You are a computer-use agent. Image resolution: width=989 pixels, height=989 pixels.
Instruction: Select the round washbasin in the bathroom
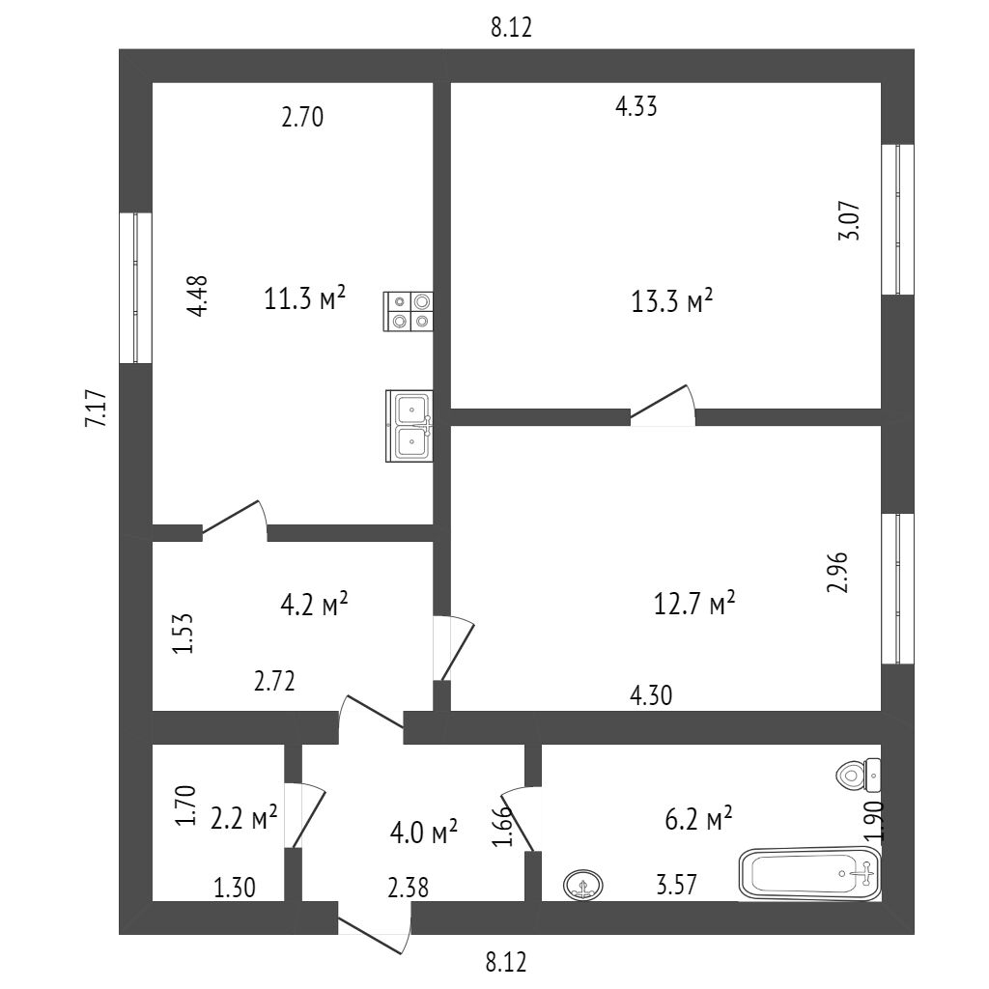click(583, 883)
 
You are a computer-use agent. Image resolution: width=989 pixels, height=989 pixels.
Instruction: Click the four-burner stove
click(409, 310)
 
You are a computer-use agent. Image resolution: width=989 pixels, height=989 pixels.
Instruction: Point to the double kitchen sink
click(410, 425)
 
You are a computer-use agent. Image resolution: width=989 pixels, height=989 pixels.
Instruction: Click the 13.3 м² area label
click(672, 301)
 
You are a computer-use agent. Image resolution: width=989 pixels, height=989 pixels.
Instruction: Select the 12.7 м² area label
click(694, 605)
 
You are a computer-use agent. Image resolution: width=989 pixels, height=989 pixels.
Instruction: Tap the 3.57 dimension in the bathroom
click(676, 883)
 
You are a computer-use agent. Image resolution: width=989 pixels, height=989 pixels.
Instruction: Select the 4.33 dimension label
click(636, 108)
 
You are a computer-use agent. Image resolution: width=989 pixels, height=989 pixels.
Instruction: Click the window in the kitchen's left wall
click(135, 287)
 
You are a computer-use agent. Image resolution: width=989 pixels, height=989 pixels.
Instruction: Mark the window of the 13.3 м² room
click(897, 219)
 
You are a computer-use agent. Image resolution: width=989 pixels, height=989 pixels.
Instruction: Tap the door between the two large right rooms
click(663, 411)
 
